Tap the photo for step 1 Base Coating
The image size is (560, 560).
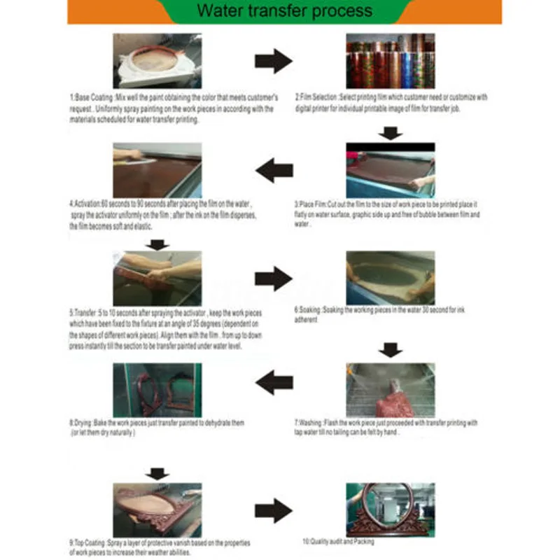[157, 61]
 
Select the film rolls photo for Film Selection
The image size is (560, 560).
[390, 61]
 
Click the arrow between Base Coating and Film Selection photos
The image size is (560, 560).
[273, 61]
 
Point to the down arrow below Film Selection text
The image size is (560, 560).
[390, 134]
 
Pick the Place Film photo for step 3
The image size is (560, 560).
[390, 171]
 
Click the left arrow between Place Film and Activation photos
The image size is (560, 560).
[274, 169]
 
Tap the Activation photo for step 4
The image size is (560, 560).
[157, 170]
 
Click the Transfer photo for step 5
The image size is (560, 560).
[157, 278]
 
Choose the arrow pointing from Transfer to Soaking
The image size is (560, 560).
[273, 279]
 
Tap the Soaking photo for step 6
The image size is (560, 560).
[390, 278]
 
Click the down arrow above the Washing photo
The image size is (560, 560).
[390, 350]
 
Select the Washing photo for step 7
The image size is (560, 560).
[390, 390]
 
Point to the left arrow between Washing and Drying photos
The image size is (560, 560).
[274, 382]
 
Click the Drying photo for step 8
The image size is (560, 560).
[157, 390]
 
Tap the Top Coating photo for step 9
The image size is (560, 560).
[157, 509]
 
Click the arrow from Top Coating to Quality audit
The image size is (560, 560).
[273, 510]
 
